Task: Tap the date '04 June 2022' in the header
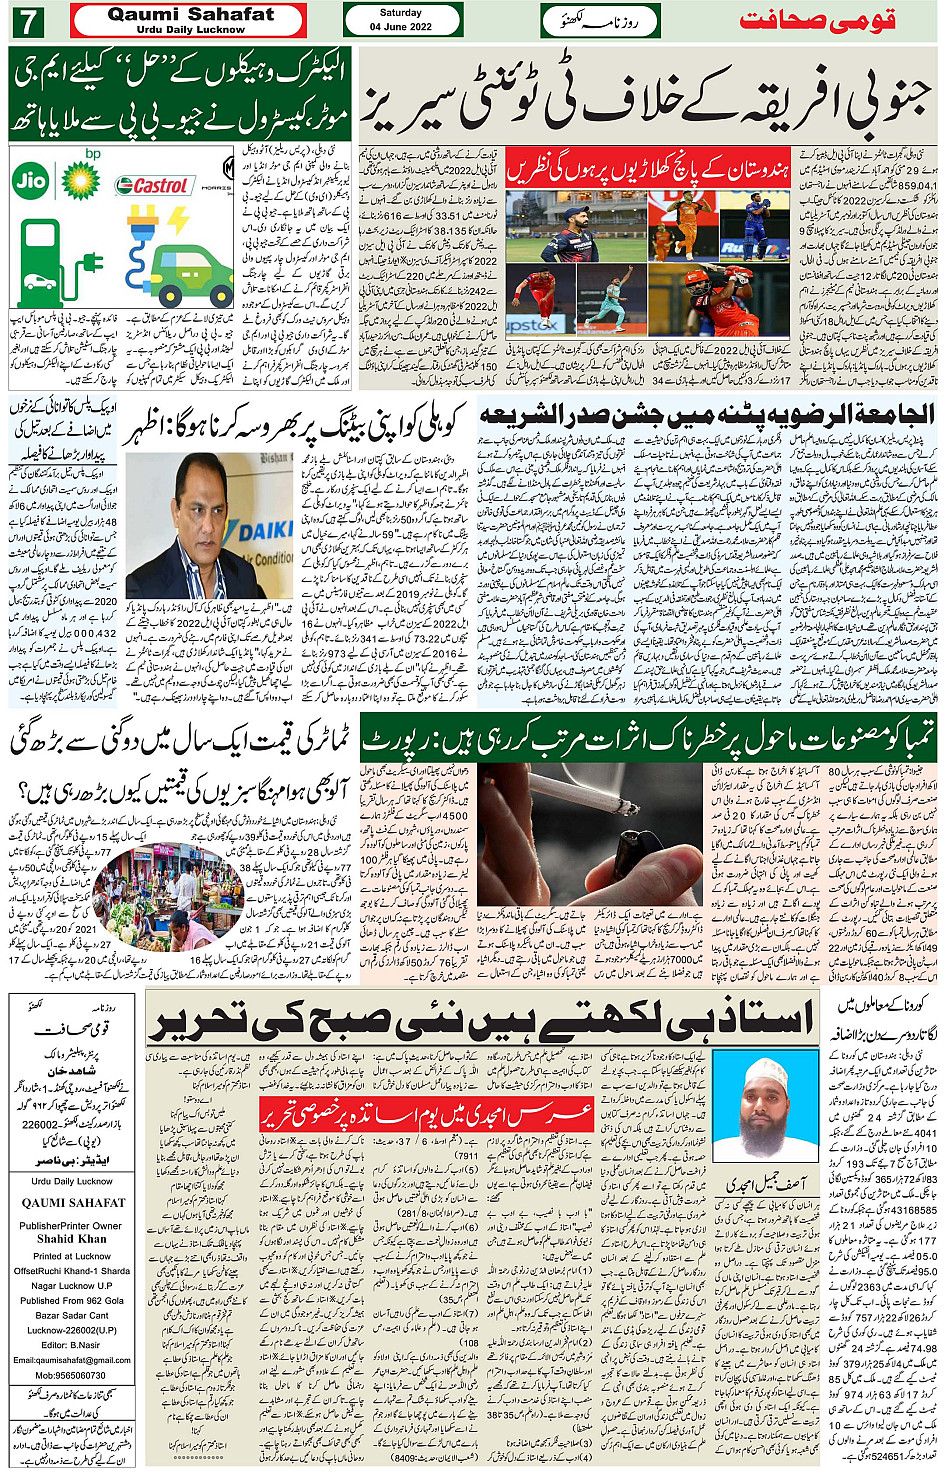400,27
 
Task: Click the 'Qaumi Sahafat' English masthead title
190,14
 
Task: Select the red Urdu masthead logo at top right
816,20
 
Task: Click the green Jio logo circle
31,182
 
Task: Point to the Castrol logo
152,186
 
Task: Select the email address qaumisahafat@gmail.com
72,1360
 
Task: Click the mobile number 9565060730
72,1376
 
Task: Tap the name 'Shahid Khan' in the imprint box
72,1238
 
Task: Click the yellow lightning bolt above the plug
177,219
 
